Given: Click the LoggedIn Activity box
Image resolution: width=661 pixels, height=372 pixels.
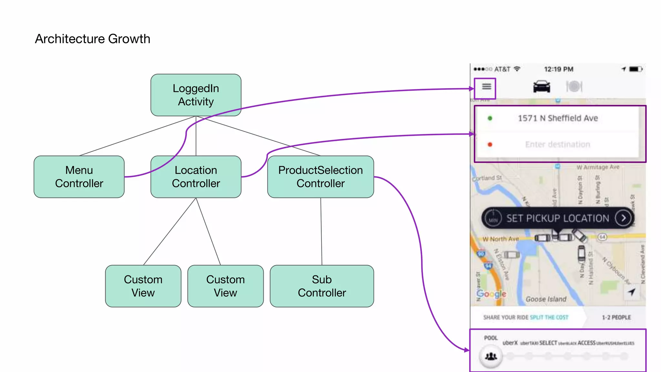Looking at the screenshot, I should pos(196,95).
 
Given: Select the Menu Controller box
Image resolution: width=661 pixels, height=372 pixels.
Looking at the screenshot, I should pos(79,177).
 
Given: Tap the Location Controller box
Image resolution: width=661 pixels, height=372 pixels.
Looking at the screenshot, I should pos(196,177).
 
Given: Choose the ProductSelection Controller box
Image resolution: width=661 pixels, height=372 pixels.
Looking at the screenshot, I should pos(320,177).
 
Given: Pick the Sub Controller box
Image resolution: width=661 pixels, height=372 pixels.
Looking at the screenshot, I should pos(322,286).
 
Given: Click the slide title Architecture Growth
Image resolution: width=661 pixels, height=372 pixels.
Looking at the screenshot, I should pos(92,39).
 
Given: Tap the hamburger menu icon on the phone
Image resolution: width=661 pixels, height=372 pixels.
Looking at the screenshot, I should pos(486,87).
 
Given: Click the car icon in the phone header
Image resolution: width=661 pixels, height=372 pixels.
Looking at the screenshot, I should pos(542,87).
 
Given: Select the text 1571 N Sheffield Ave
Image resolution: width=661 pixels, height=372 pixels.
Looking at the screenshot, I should pos(558,118).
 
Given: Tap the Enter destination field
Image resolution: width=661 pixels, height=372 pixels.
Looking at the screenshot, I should pos(558,144).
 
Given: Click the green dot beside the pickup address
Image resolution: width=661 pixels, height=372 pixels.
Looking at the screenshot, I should pos(490,118).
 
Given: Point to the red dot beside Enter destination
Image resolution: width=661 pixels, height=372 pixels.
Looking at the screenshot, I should pos(490,144).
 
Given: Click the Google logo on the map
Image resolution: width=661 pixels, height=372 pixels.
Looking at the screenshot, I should pos(491,294).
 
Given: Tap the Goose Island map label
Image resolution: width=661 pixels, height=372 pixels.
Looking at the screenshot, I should pos(546,299).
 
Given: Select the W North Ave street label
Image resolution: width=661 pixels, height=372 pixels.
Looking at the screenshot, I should pos(501,239).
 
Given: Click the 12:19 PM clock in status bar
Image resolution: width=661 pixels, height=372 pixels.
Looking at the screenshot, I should pos(559,69).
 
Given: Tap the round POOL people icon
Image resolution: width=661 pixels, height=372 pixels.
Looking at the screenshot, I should pos(491,356).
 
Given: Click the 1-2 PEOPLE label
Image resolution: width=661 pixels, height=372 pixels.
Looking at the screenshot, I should pos(616,317).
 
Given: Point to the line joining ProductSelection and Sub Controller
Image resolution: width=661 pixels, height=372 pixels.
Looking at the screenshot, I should pos(321,231).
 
